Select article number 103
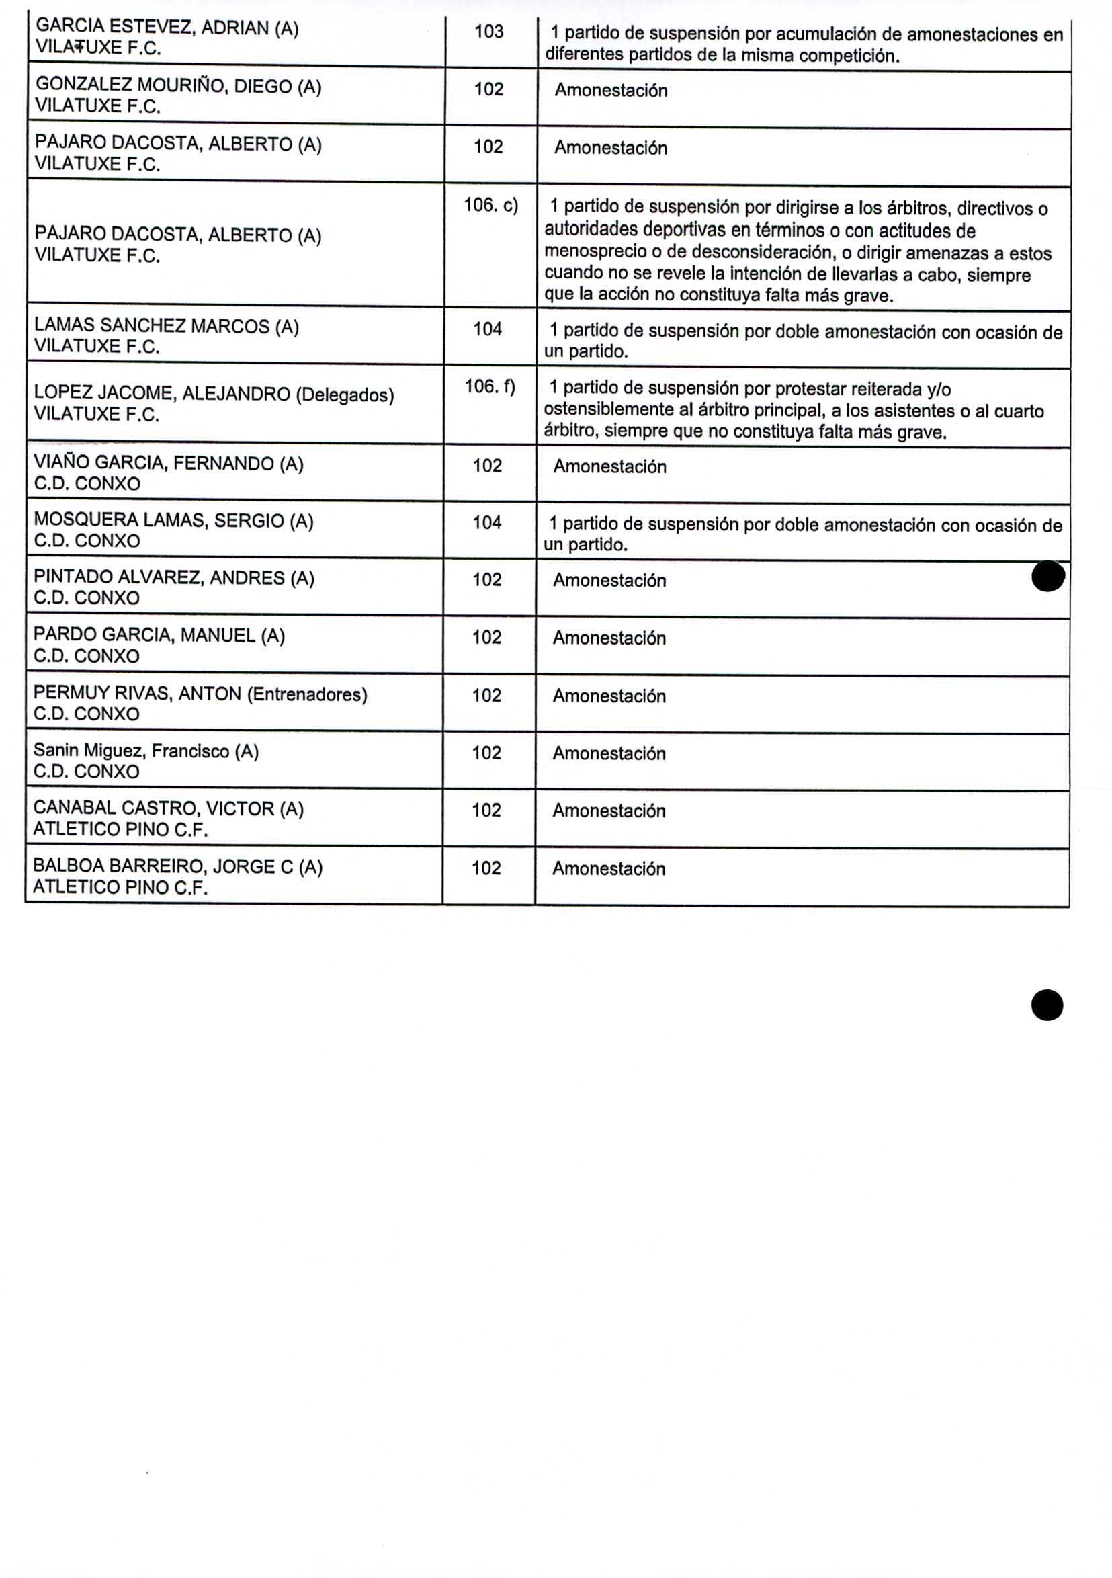tap(488, 31)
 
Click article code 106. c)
tap(490, 205)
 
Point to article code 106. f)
tap(489, 386)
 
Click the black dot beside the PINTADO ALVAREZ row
tap(1048, 576)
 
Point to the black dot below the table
tap(1047, 1005)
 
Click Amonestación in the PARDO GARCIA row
tap(609, 638)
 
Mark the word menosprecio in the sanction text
tap(595, 252)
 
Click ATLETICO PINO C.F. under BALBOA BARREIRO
tap(120, 886)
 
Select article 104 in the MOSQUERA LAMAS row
tap(486, 522)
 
